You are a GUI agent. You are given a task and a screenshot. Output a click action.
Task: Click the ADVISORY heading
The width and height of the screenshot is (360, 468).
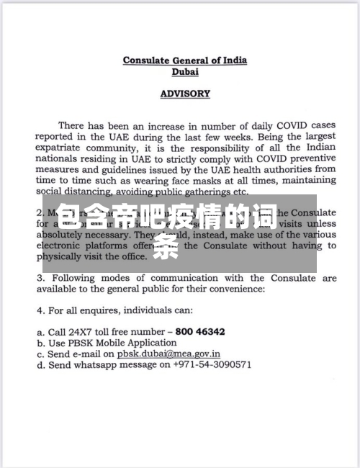pos(185,94)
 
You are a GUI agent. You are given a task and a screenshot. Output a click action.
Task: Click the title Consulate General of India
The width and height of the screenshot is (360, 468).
pos(184,60)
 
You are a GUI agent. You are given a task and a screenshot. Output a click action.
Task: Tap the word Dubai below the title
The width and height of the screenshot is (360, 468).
pos(185,71)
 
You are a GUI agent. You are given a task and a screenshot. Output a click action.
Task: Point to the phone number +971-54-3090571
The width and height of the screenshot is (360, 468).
pos(212,365)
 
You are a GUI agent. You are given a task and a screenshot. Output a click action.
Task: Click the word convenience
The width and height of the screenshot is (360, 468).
pos(236,289)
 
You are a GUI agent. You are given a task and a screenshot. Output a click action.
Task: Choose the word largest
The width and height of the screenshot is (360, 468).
pos(318,136)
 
